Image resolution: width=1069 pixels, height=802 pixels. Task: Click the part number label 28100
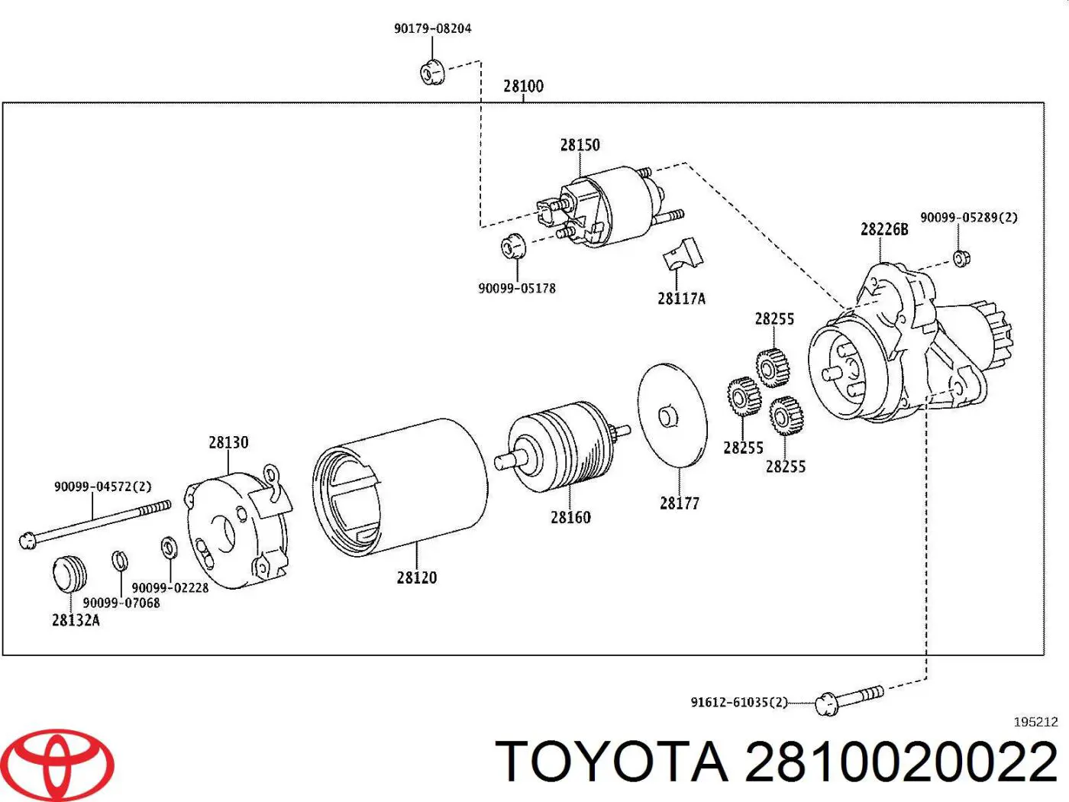pyautogui.click(x=523, y=86)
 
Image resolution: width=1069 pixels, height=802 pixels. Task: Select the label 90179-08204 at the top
pyautogui.click(x=432, y=28)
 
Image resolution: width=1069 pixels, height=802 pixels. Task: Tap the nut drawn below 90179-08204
pyautogui.click(x=432, y=73)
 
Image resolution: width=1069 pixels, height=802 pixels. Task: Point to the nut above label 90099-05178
pyautogui.click(x=512, y=247)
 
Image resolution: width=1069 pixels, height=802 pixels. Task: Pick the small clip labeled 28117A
pyautogui.click(x=683, y=254)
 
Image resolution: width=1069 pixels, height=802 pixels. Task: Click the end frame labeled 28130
pyautogui.click(x=237, y=531)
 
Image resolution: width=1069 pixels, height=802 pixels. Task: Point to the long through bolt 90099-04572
pyautogui.click(x=95, y=522)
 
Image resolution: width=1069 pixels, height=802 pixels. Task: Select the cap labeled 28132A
pyautogui.click(x=69, y=574)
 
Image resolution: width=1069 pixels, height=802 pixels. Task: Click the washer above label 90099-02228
pyautogui.click(x=169, y=548)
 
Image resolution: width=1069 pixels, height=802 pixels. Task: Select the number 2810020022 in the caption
pyautogui.click(x=901, y=762)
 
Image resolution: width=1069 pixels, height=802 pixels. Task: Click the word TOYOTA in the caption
pyautogui.click(x=612, y=762)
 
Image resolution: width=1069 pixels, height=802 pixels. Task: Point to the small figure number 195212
pyautogui.click(x=1035, y=722)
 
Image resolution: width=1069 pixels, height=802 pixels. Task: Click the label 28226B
pyautogui.click(x=884, y=229)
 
